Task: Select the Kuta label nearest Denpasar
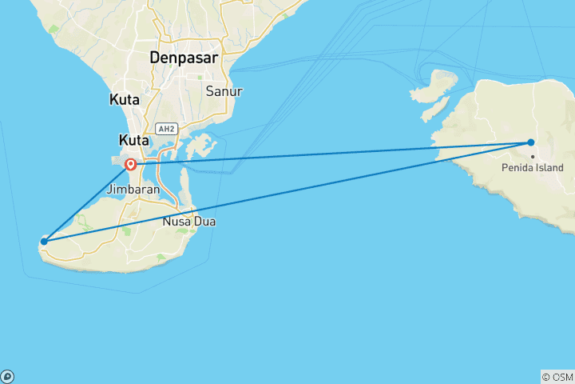point(124,101)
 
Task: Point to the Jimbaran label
point(139,190)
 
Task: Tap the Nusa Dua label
point(188,221)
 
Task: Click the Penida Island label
point(533,168)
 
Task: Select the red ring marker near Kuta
point(130,166)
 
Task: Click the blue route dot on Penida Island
point(530,142)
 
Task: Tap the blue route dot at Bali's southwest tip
point(44,241)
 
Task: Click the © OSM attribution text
point(557,377)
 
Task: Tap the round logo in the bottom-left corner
point(7,376)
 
